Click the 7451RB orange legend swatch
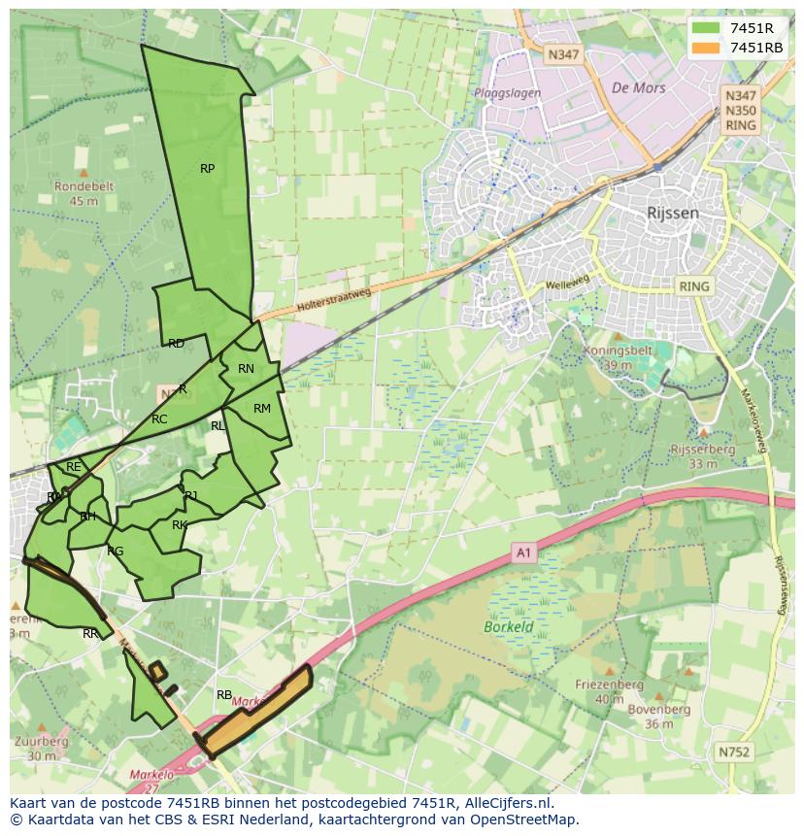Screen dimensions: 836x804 coord(707,48)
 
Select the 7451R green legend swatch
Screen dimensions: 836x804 coord(707,27)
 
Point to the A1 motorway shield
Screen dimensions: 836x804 coord(523,553)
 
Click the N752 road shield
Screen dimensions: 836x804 coord(734,752)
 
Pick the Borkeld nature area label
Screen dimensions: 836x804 coord(509,627)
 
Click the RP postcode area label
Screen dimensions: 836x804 coord(207,169)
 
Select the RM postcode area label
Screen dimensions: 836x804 coord(262,409)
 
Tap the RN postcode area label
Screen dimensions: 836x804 coord(246,369)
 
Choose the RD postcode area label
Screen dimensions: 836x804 coord(176,344)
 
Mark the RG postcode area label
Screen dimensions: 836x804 coord(116,552)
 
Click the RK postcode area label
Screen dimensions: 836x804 coord(180,525)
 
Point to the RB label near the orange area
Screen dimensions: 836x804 coord(224,695)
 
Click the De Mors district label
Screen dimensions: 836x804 coord(639,86)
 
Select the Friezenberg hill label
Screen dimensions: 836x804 coord(609,685)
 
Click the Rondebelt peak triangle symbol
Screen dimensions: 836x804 coord(83,173)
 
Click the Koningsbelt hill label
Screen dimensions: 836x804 coord(614,351)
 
